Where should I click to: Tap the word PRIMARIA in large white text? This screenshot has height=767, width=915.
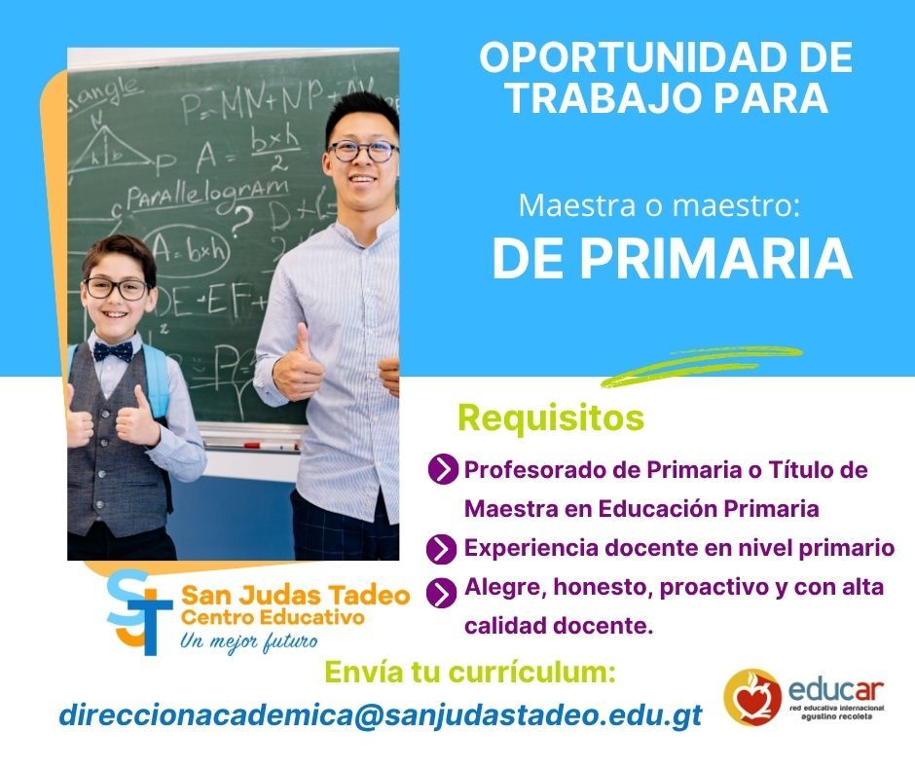tap(715, 259)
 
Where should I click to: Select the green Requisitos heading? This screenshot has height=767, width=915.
tap(551, 418)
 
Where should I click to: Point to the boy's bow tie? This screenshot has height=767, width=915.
tap(113, 351)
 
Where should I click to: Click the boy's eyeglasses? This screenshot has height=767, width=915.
tap(117, 288)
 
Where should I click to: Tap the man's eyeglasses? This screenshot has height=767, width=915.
tap(362, 151)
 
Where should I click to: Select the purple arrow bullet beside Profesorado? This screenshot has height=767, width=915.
tap(442, 469)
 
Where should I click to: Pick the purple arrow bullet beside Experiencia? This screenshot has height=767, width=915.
tap(441, 549)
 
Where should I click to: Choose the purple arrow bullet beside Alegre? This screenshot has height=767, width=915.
tap(441, 593)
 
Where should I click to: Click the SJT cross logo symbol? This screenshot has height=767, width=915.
tap(139, 612)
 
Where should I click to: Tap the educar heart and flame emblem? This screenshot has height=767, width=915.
tap(752, 697)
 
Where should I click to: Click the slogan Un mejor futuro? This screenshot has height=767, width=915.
tap(249, 641)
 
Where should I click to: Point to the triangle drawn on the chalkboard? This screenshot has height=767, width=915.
tap(111, 150)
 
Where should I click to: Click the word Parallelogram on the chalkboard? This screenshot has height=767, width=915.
tap(207, 195)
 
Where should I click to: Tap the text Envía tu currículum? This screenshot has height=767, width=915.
tap(470, 673)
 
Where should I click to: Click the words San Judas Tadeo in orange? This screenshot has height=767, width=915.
tap(295, 596)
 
